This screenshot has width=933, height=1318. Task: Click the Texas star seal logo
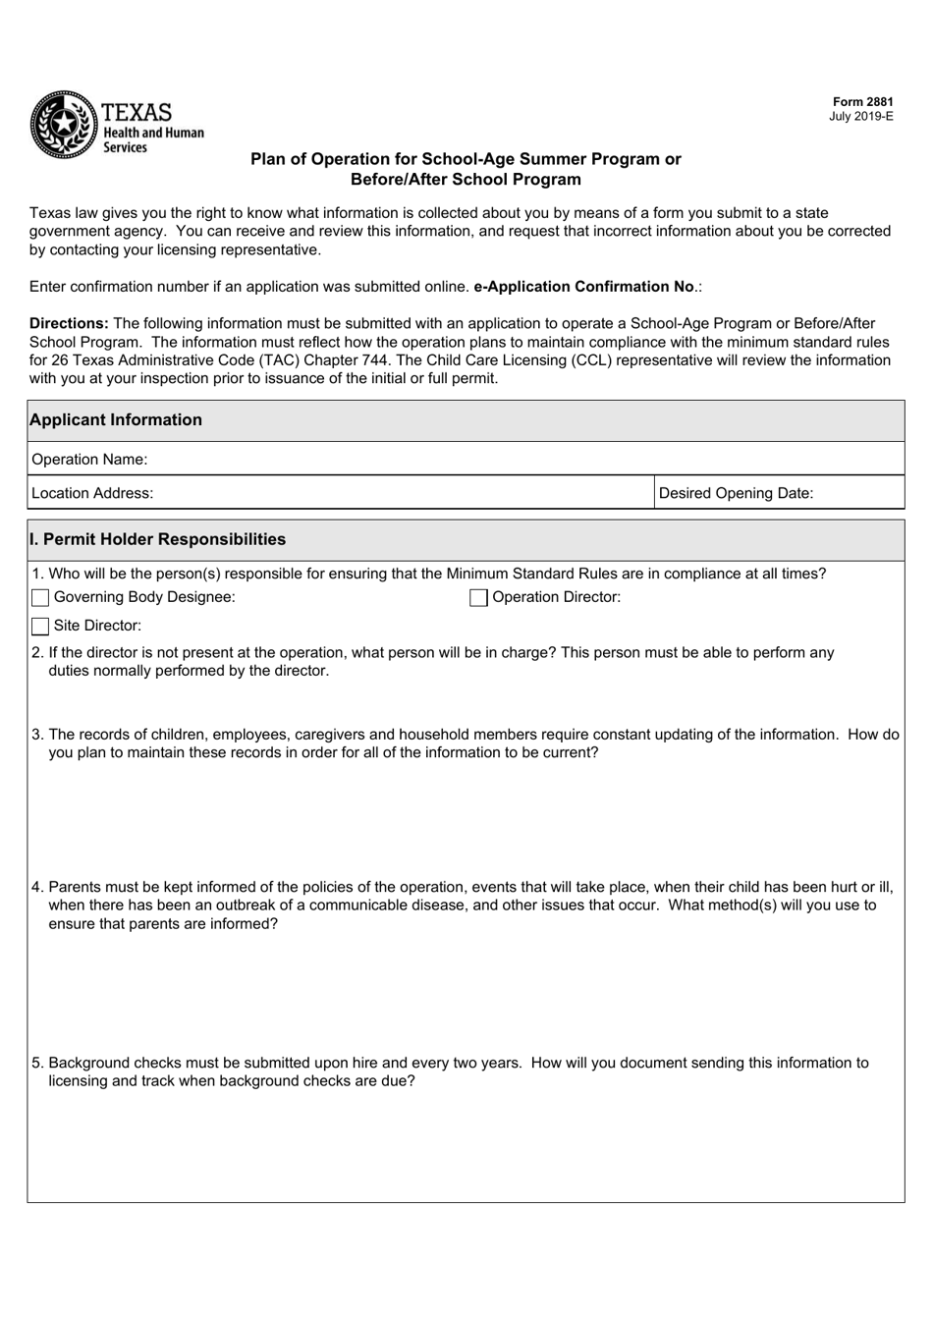pos(62,125)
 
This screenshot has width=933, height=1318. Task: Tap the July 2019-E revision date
pos(861,116)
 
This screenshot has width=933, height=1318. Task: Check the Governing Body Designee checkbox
pos(40,598)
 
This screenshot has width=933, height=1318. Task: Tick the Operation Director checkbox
pos(478,598)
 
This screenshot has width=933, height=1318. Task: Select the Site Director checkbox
pos(40,627)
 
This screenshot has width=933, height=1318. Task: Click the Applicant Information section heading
pos(116,420)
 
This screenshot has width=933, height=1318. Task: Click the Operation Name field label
pos(89,460)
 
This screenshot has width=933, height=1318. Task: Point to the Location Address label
pos(92,493)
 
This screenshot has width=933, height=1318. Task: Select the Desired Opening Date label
pos(736,493)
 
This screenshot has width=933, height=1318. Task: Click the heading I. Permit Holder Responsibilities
pos(158,539)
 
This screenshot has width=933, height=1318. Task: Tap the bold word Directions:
pos(69,323)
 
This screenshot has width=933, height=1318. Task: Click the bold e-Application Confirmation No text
pos(584,287)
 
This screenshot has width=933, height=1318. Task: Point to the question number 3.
pos(37,735)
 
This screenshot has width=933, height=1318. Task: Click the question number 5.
pos(37,1063)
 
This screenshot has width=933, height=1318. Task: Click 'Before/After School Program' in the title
pos(466,180)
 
